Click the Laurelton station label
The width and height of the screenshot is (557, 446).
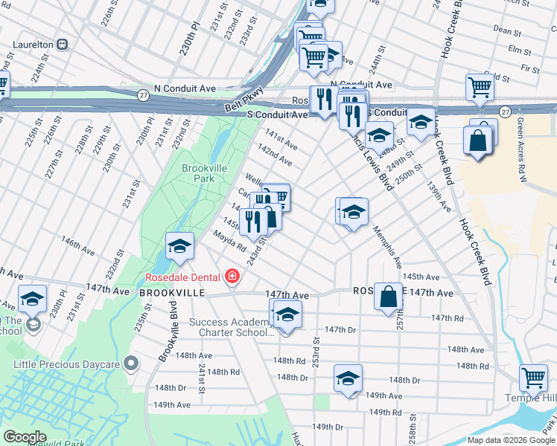pos(31,45)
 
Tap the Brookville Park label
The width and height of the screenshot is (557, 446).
pos(204,173)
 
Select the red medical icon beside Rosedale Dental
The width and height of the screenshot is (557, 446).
pos(232,277)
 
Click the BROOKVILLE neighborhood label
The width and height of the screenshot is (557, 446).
pos(172,294)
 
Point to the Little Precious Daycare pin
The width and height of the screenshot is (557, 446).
pos(131,363)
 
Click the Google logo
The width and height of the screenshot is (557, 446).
pos(25,436)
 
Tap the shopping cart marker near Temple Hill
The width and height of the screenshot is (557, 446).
pos(533,378)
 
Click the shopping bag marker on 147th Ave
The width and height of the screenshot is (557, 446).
pos(388,296)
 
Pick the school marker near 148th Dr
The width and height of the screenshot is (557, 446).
pos(347,378)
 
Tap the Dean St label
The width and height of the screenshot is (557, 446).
pos(506,31)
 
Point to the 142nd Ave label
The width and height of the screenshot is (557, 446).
pos(274,156)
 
